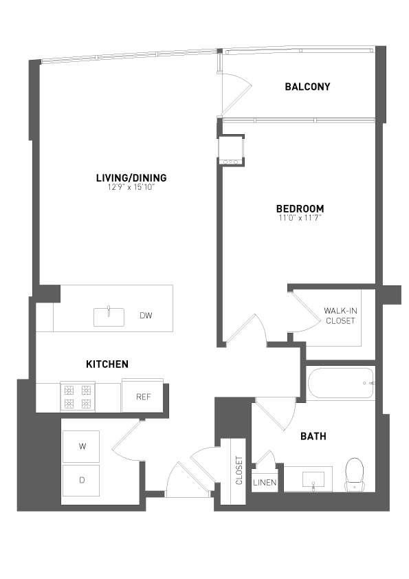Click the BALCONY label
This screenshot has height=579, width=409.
point(307,87)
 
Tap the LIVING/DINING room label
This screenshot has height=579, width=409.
point(131,178)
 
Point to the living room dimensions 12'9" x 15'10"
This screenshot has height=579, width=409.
point(131,187)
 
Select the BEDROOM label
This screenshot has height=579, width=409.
point(300,208)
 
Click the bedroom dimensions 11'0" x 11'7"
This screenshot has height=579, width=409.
point(300,217)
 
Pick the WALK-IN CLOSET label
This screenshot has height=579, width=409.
point(340,316)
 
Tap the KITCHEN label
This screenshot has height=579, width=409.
point(107,364)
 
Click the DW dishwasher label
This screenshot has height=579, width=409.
point(146,316)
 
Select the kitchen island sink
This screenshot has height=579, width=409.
point(109,317)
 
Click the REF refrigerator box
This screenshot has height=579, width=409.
point(143,397)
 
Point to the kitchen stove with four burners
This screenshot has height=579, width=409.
point(77,397)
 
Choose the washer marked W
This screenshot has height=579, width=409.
point(81,447)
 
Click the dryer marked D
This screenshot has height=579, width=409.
point(81,481)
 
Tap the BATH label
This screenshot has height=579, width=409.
point(313,436)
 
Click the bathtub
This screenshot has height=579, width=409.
point(340,384)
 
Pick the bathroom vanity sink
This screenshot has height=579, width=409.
point(313,479)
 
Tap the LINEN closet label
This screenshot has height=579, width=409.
point(265,483)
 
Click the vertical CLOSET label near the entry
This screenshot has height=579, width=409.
point(239,470)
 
